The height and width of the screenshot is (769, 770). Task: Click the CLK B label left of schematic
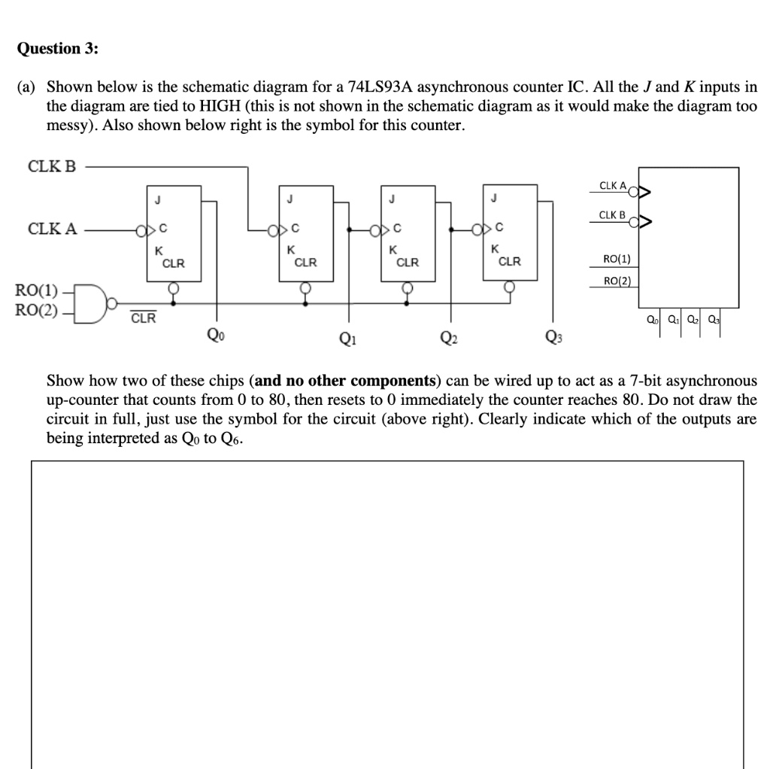52,167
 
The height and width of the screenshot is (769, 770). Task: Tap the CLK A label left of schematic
52,229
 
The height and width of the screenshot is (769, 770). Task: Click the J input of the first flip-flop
158,199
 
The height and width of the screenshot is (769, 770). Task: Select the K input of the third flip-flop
392,250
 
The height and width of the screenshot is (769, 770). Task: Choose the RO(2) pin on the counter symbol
617,281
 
